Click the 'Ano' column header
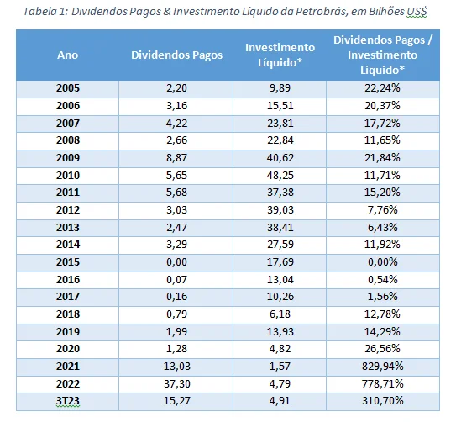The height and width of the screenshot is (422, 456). (67, 55)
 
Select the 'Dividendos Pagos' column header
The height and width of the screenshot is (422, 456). (176, 55)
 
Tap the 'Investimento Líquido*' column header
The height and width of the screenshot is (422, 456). (280, 55)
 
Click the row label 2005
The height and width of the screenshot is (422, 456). (67, 88)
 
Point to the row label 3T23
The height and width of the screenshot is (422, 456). (67, 401)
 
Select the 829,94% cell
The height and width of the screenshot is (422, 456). (382, 367)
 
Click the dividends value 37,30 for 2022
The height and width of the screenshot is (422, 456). (176, 384)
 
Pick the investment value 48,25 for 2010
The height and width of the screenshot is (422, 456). (280, 176)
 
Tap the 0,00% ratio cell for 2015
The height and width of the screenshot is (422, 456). (382, 262)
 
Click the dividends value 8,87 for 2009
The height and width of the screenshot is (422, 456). (176, 158)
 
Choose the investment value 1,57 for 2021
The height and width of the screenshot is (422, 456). (280, 367)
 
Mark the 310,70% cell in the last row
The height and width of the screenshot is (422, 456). (382, 401)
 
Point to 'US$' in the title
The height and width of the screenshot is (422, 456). (417, 12)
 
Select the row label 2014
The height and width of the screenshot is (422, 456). (67, 245)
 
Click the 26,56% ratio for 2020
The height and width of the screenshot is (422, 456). (382, 349)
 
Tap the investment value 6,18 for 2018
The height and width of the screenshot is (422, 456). (280, 314)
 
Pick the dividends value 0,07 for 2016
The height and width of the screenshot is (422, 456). (176, 280)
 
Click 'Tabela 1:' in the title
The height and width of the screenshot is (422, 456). (45, 12)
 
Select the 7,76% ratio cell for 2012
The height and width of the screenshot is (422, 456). (382, 210)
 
